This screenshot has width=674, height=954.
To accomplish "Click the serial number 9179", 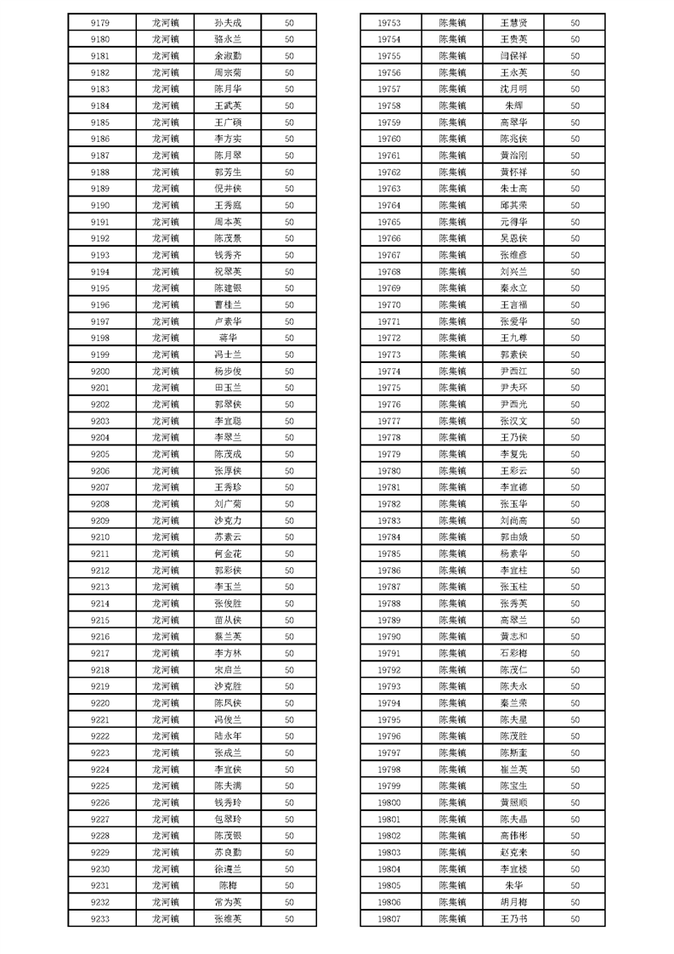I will coord(99,22).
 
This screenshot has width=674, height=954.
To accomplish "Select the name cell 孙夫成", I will coord(228,22).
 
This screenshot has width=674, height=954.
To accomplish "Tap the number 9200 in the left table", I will coord(99,371).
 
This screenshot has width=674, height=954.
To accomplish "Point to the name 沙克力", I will coord(228,520).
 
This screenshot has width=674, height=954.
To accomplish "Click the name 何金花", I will coord(228,554).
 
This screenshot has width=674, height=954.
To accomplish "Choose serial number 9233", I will coord(99,918).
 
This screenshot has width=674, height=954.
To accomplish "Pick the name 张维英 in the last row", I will coord(228,918).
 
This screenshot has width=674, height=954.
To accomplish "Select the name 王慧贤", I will coord(514,22).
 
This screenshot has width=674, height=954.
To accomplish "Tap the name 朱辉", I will coord(514,105).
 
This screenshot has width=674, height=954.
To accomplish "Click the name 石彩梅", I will coord(514,653).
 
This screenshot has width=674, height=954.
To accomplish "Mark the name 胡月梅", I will coord(514,902).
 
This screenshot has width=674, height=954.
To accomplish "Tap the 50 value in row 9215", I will coord(289,620).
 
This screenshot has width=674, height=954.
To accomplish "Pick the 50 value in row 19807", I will coord(575,918).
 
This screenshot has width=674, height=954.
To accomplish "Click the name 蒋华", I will coord(228,338).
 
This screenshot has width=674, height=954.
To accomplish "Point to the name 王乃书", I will coord(514,918).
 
